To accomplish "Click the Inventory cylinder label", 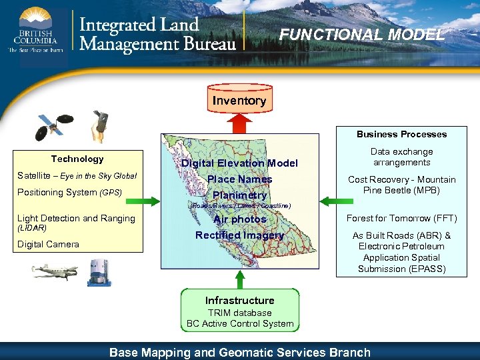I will click(239, 101).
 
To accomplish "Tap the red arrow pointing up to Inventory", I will click(239, 124).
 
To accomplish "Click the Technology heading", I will click(77, 159).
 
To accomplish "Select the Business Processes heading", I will click(401, 134).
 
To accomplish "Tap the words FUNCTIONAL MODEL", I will click(362, 35).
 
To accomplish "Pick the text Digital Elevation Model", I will click(239, 163).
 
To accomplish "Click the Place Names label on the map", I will click(239, 179).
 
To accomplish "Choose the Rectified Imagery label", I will click(239, 235).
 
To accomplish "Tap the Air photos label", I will click(239, 219).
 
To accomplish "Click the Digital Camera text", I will click(48, 244).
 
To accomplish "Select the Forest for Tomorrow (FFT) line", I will click(401, 218).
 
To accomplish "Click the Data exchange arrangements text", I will click(401, 157).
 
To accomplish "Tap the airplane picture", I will click(55, 272).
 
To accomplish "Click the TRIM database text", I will click(239, 313).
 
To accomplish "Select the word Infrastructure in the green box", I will click(239, 301).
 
